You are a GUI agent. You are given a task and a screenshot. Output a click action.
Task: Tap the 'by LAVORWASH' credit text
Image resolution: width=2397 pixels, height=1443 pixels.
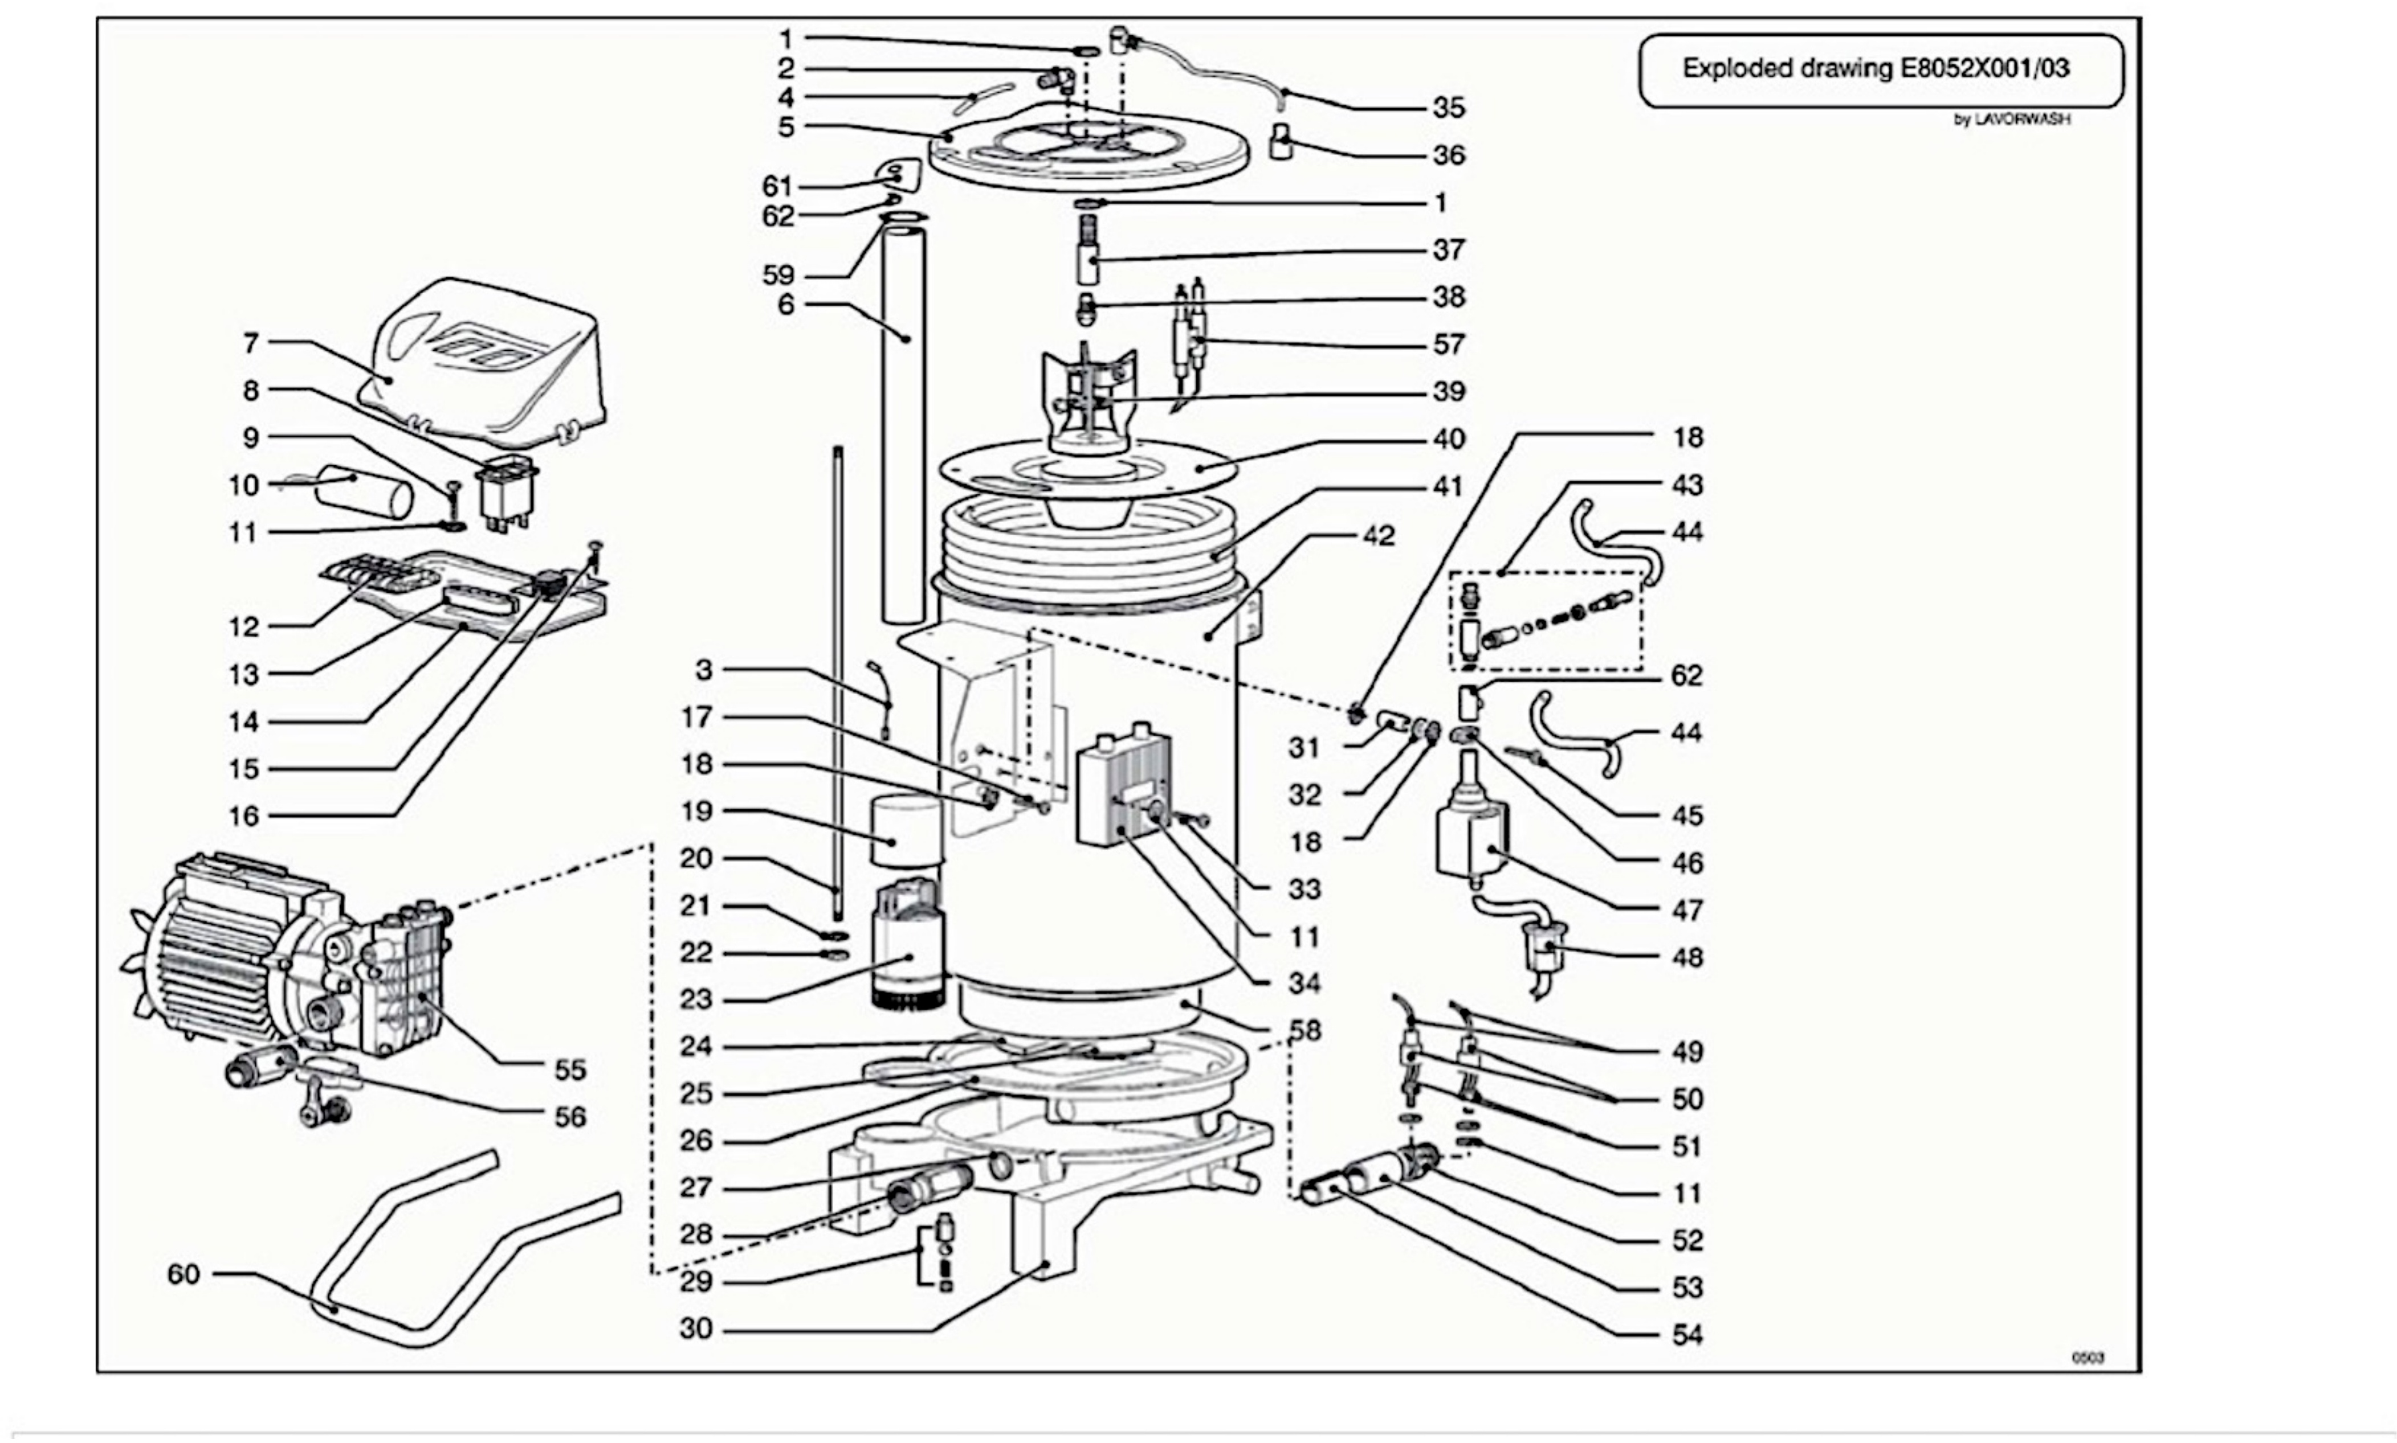[x=2012, y=120]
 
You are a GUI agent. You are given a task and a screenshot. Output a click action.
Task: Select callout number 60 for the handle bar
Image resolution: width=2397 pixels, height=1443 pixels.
[x=184, y=1274]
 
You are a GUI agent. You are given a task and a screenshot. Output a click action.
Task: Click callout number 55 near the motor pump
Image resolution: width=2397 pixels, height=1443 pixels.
[x=571, y=1069]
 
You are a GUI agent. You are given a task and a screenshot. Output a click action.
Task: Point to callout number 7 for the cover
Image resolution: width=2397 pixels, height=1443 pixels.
[x=251, y=343]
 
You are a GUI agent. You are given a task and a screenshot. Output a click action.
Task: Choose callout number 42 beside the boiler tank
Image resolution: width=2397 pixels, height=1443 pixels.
[x=1379, y=536]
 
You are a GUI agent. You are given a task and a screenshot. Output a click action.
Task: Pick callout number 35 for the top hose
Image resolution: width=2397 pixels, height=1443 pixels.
[x=1449, y=107]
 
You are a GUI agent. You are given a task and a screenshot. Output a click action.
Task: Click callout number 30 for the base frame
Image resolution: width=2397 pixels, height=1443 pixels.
[x=696, y=1329]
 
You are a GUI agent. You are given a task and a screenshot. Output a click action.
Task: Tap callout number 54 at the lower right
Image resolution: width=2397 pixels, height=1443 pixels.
[x=1688, y=1335]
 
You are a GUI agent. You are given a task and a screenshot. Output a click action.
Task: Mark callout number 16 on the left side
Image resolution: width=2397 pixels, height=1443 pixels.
[x=243, y=816]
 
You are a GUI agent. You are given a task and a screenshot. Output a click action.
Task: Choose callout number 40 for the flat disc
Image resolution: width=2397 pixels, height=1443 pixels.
[x=1449, y=440]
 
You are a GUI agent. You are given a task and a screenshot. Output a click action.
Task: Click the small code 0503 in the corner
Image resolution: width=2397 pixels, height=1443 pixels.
[x=2088, y=1358]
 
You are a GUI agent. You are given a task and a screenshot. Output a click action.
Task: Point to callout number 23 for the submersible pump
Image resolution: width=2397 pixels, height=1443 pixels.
[x=696, y=999]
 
